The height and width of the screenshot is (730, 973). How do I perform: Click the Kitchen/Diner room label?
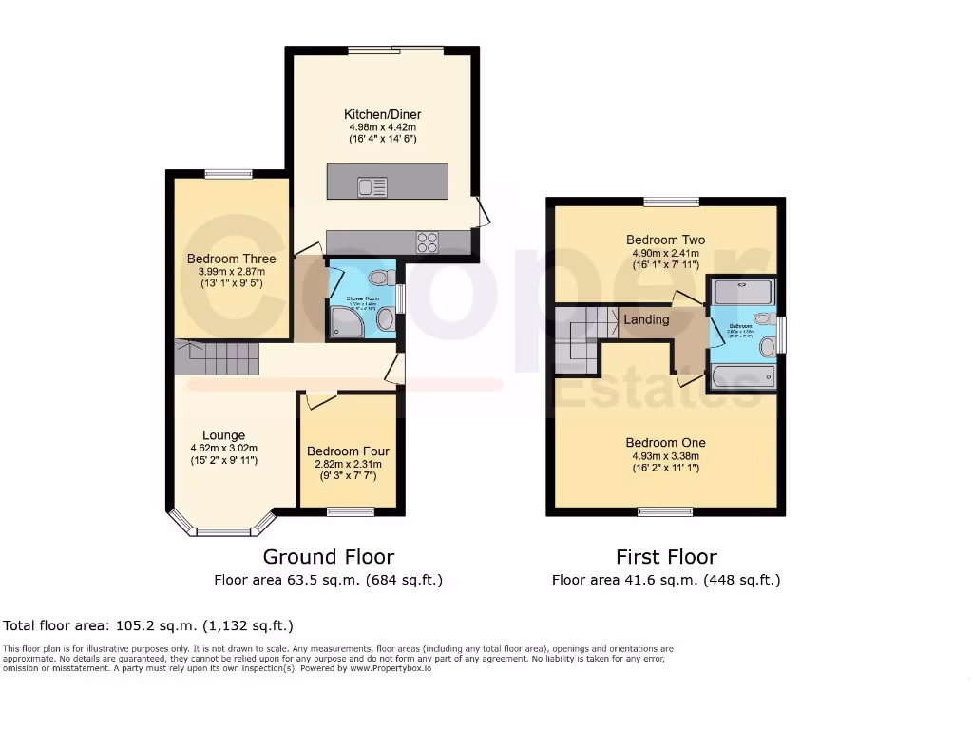point(382,114)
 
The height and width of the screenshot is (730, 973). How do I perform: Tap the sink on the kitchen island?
point(372,186)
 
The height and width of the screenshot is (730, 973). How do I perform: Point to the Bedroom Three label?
point(231,259)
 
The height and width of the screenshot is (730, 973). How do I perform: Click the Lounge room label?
point(223,435)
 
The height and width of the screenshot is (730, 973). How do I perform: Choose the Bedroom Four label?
point(348,451)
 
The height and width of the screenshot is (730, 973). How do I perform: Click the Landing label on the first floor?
point(646,319)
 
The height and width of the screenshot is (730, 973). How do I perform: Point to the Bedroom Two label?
point(665,240)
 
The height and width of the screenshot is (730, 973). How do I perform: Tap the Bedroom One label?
point(665,442)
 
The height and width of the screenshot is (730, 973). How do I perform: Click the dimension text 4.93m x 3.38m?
point(665,456)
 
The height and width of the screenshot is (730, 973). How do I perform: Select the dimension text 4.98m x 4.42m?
point(382,127)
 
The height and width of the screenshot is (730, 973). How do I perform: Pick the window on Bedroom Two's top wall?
point(671,201)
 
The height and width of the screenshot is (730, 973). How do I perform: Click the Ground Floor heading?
point(328,557)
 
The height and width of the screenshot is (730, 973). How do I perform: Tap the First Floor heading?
point(665,557)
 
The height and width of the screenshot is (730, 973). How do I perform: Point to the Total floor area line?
point(148,625)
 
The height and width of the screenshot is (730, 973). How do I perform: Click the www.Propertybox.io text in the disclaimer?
point(391,668)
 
